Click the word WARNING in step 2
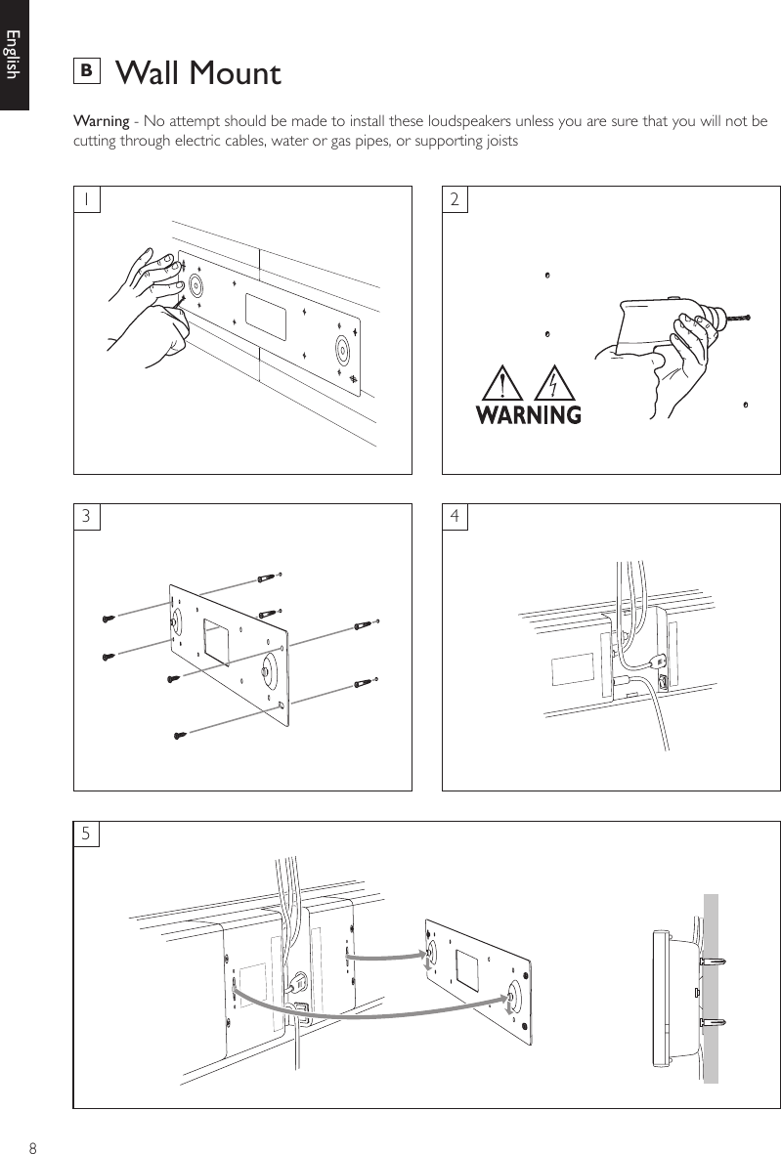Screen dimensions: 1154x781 click(x=528, y=415)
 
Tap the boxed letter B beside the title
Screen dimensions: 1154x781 click(x=88, y=70)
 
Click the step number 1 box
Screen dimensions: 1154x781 click(x=86, y=199)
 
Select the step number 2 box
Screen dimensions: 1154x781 click(x=456, y=199)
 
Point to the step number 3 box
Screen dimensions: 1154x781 click(x=86, y=517)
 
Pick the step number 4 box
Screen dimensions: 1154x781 click(x=456, y=517)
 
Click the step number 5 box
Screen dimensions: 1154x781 click(x=86, y=834)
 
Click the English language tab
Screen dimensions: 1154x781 click(x=12, y=54)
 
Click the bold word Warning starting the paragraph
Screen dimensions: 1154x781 click(x=102, y=121)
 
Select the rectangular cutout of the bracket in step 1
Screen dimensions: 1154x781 click(x=266, y=317)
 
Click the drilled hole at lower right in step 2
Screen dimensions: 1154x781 click(x=746, y=404)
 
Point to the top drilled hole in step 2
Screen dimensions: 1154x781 click(x=548, y=275)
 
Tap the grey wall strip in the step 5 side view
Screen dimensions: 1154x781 click(x=711, y=987)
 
